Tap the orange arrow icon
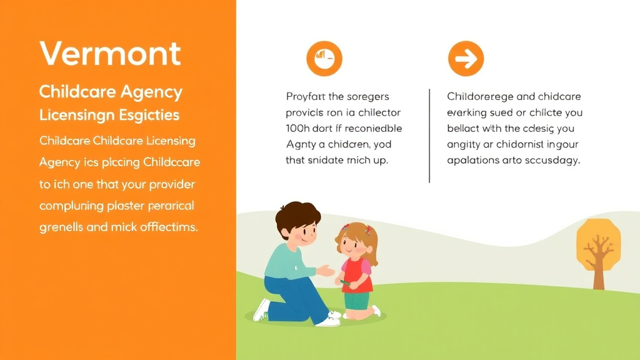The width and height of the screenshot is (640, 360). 466,59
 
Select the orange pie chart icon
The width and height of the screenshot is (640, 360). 324,59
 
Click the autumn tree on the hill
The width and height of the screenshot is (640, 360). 598,250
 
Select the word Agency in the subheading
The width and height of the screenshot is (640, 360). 151,92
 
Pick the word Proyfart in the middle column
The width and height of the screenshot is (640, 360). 306,97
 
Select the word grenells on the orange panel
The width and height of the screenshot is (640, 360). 61,227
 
